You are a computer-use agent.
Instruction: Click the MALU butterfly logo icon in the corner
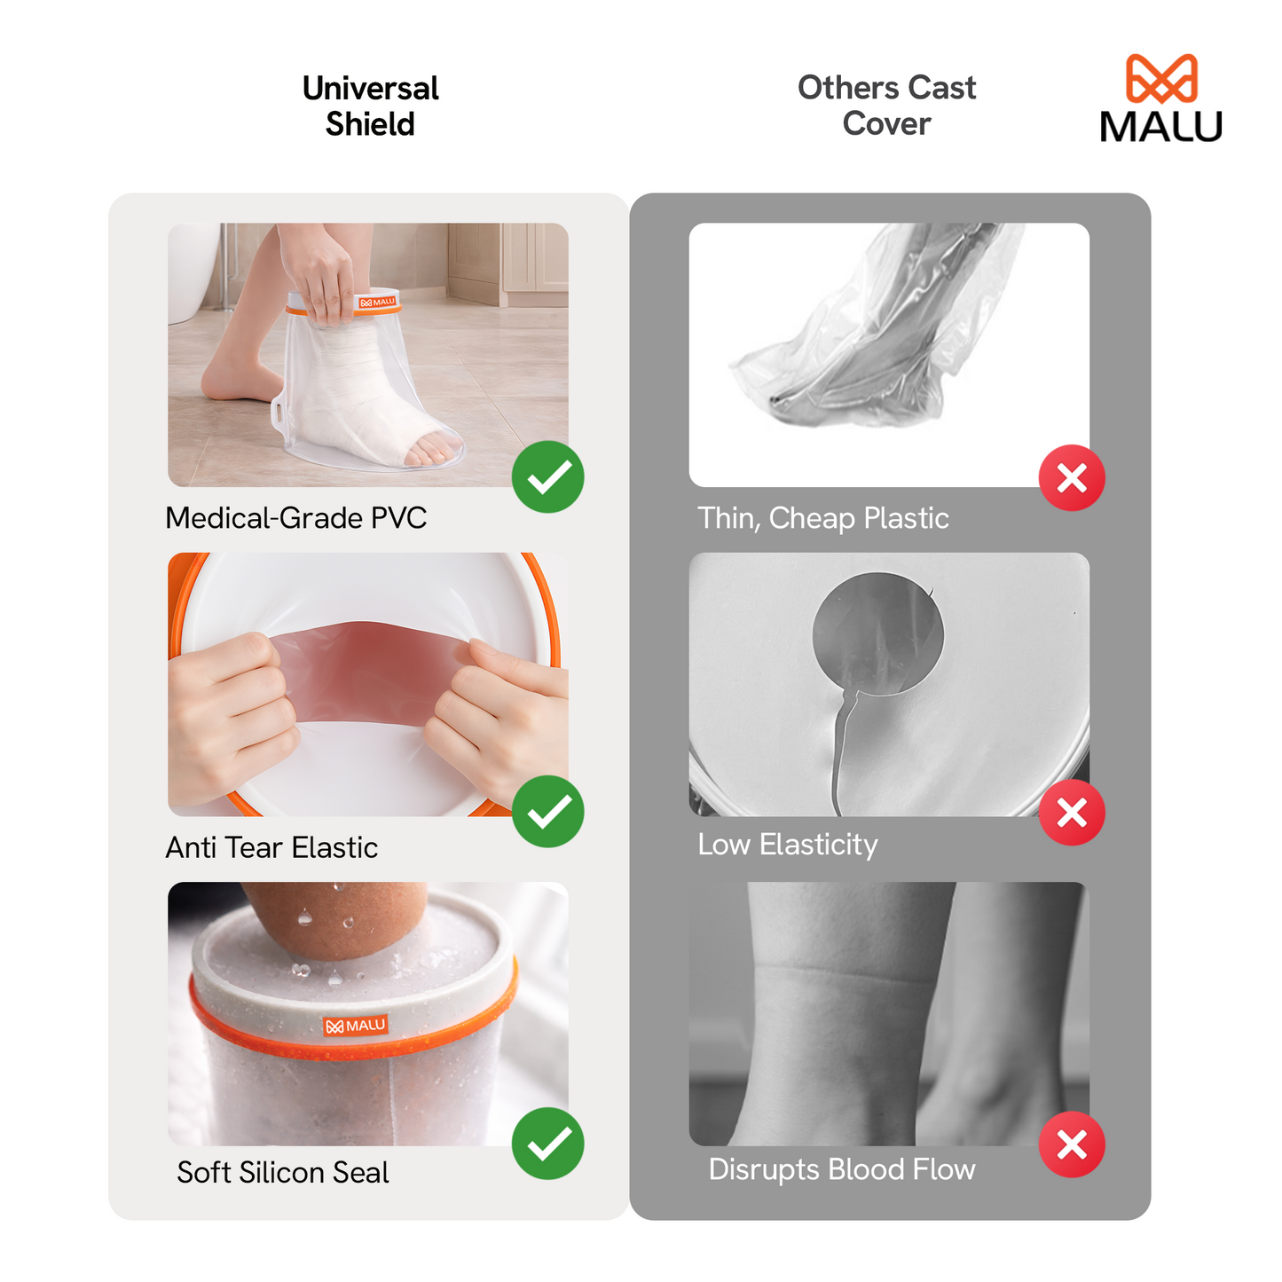click(x=1161, y=79)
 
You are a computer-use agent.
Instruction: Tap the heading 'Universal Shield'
click(x=370, y=106)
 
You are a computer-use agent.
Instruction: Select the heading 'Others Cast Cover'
click(x=886, y=106)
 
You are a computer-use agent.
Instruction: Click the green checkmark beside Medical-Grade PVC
click(x=548, y=477)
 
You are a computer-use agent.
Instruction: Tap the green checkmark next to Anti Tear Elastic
click(x=548, y=811)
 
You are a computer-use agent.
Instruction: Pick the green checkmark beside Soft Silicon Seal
click(x=548, y=1144)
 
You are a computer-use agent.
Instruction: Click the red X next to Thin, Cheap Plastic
click(x=1072, y=478)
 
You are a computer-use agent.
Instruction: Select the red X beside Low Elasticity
click(x=1072, y=812)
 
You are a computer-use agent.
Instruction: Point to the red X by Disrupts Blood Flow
click(x=1072, y=1144)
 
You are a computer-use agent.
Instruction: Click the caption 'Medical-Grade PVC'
click(x=296, y=518)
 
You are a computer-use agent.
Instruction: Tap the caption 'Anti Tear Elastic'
click(x=271, y=848)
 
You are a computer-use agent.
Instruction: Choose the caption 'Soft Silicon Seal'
click(x=283, y=1173)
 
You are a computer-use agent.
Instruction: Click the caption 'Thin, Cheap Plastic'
click(x=823, y=518)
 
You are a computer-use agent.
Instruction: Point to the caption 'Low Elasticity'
click(x=788, y=845)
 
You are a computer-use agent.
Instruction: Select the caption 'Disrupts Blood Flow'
click(x=842, y=1169)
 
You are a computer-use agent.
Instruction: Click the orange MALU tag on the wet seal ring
click(x=356, y=1026)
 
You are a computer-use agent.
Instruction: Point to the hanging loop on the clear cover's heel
click(x=280, y=412)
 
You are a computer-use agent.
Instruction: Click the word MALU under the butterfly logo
click(x=1161, y=127)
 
